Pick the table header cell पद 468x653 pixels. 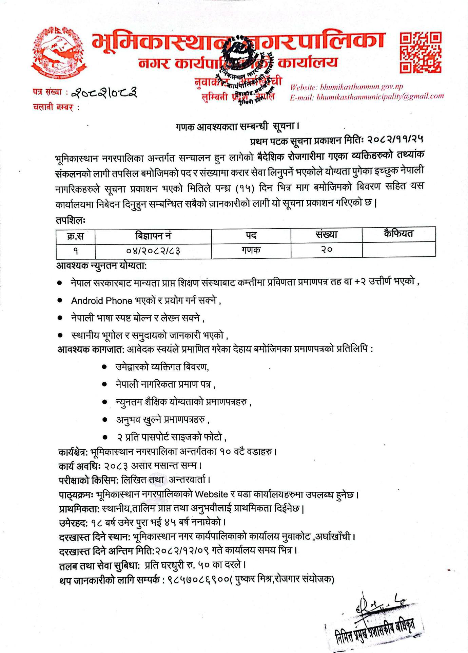pos(251,235)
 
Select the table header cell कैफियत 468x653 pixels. pos(398,234)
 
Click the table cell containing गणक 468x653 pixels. pos(251,250)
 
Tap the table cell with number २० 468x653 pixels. pos(326,250)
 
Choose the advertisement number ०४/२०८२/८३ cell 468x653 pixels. pos(153,251)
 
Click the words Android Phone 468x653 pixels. pos(101,301)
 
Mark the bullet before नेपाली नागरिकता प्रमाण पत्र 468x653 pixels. pos(105,384)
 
